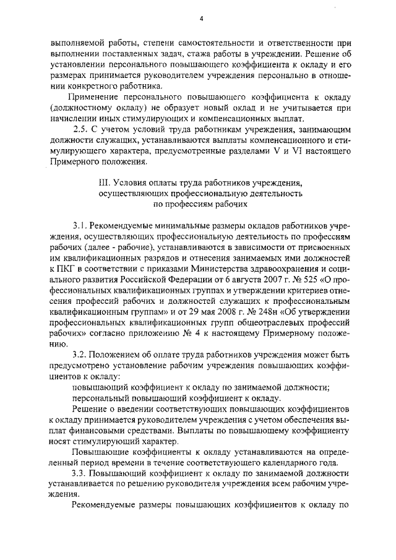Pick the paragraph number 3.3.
[80, 473]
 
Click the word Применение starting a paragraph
[96, 97]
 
